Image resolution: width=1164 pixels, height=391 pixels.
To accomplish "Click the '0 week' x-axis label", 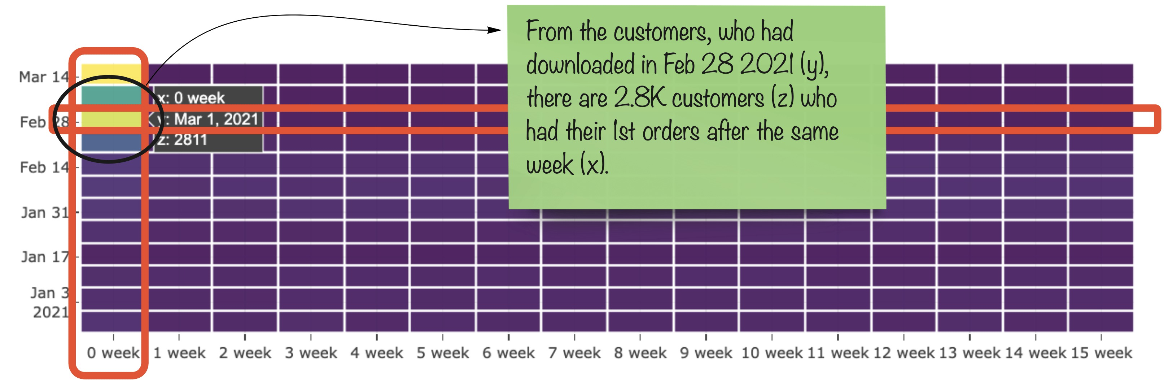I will (113, 353).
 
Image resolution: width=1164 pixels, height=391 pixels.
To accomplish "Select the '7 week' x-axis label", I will (574, 353).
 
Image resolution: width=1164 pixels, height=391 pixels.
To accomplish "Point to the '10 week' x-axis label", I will (772, 353).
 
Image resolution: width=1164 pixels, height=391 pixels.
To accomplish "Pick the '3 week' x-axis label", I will (311, 353).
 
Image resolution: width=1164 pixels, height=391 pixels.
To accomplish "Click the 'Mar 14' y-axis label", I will (43, 77).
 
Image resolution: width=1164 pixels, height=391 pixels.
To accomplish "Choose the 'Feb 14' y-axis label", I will (44, 167).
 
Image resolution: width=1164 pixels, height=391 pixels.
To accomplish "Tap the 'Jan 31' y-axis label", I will (44, 212).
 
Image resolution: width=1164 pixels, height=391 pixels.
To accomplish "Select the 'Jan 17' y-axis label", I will (45, 257).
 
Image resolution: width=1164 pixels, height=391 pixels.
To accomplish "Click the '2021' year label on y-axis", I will (51, 312).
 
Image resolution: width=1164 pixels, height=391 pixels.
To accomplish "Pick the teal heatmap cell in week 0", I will (111, 95).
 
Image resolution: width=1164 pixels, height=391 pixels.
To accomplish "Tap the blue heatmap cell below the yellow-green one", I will (111, 142).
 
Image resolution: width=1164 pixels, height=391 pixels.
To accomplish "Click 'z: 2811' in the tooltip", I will (182, 140).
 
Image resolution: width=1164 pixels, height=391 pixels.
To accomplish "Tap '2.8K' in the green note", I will (639, 97).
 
